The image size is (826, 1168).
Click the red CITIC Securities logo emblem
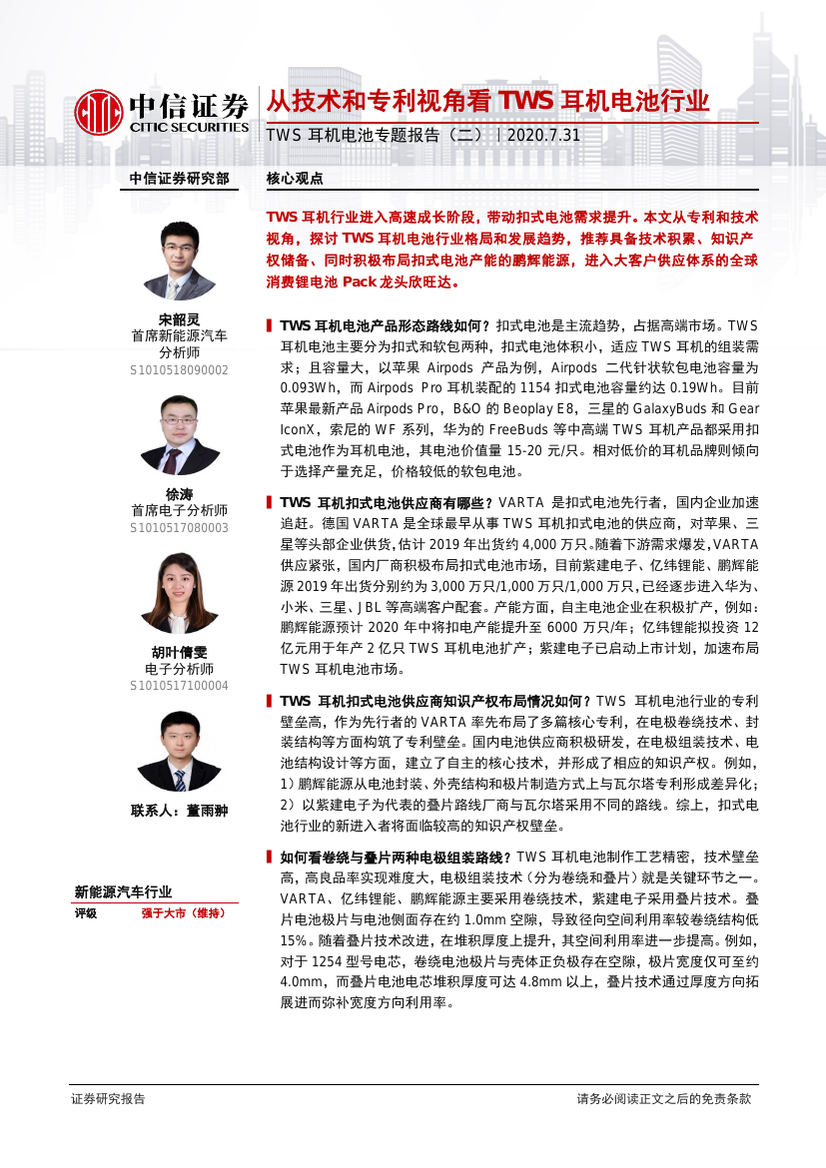pyautogui.click(x=98, y=111)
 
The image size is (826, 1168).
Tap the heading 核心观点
pyautogui.click(x=295, y=179)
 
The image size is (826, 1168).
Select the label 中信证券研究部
pyautogui.click(x=179, y=179)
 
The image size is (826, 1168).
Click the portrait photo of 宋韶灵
pyautogui.click(x=180, y=261)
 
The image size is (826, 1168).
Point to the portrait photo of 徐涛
pyautogui.click(x=180, y=435)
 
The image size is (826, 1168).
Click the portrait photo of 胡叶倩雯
pyautogui.click(x=180, y=592)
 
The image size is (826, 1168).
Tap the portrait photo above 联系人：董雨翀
pyautogui.click(x=180, y=754)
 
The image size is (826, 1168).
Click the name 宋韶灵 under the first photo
pyautogui.click(x=180, y=319)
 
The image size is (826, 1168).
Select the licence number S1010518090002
pyautogui.click(x=180, y=370)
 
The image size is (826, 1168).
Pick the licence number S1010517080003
pyautogui.click(x=180, y=528)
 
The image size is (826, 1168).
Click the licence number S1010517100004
pyautogui.click(x=180, y=686)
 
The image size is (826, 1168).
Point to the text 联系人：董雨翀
pyautogui.click(x=180, y=811)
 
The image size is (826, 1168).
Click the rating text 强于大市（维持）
pyautogui.click(x=183, y=912)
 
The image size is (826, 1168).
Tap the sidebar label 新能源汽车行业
pyautogui.click(x=123, y=892)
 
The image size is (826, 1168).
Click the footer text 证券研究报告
pyautogui.click(x=108, y=1098)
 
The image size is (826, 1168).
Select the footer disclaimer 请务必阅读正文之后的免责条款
pyautogui.click(x=663, y=1098)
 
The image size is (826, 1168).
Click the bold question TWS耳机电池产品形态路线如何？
pyautogui.click(x=386, y=325)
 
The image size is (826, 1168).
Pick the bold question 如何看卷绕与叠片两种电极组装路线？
pyautogui.click(x=396, y=857)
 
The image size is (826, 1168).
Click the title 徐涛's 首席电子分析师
pyautogui.click(x=180, y=510)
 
